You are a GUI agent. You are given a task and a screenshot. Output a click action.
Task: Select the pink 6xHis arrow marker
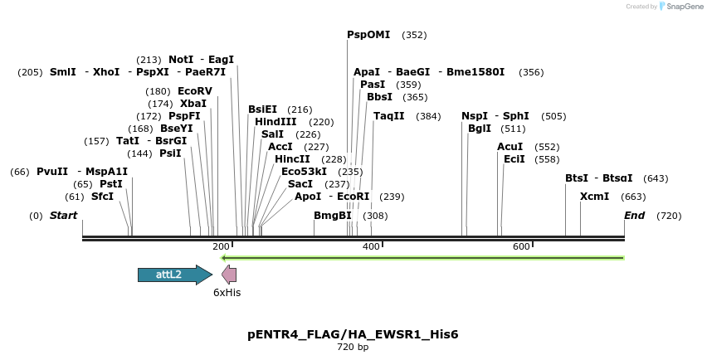tap(229, 275)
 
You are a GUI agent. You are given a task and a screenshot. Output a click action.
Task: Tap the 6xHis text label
tap(227, 293)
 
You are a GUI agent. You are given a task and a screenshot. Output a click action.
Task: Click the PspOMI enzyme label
tap(368, 35)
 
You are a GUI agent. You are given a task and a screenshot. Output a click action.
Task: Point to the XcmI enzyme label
tap(594, 197)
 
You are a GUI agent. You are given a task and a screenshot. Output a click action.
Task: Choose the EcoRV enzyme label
tap(195, 91)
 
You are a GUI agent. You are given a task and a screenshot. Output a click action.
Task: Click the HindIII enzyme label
tap(275, 122)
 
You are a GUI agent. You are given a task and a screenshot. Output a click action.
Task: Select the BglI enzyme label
tap(480, 129)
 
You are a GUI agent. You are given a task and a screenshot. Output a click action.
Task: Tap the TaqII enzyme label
tap(388, 116)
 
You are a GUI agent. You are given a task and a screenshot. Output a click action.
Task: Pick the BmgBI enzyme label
tap(333, 216)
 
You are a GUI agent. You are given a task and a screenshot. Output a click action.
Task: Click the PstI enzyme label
tap(111, 184)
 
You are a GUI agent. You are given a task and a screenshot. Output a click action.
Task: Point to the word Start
tap(64, 216)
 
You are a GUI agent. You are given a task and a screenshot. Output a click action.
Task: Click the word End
tap(634, 216)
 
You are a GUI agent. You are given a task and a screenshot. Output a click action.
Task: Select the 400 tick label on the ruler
tap(371, 247)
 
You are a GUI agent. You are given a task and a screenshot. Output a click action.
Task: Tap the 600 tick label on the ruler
tap(521, 247)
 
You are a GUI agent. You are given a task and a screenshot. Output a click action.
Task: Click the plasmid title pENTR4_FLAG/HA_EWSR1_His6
tap(353, 334)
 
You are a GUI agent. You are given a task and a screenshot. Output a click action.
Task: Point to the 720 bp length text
tap(353, 348)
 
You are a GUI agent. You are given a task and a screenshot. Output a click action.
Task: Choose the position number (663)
tap(633, 197)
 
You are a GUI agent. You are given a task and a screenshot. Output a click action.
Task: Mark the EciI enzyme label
tap(514, 159)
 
